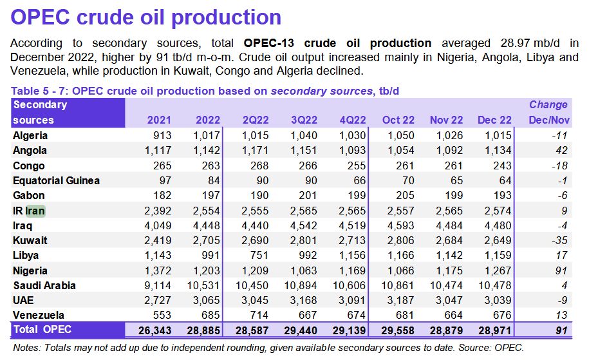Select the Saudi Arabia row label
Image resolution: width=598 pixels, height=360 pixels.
click(44, 285)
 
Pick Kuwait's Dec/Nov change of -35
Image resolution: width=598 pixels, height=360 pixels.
click(558, 240)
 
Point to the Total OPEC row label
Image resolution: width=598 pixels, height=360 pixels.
click(42, 330)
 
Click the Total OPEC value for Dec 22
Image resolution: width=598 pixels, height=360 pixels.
click(494, 330)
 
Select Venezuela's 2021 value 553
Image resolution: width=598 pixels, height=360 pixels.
click(162, 316)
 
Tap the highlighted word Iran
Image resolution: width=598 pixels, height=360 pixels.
click(35, 211)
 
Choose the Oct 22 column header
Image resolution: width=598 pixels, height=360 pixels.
click(398, 120)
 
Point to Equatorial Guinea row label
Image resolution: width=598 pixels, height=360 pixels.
click(56, 180)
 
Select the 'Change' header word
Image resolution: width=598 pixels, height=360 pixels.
click(548, 105)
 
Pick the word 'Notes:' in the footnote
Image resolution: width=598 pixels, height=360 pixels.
click(28, 348)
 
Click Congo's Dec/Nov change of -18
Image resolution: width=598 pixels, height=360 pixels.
click(557, 166)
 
